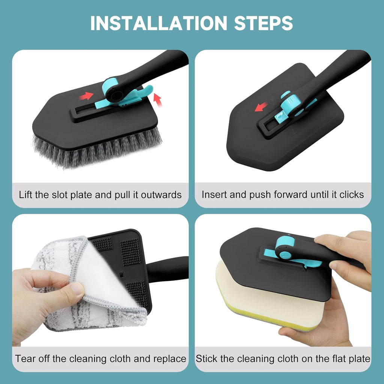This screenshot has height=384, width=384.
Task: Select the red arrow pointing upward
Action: (x=158, y=100)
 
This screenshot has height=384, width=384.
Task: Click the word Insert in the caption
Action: (x=213, y=195)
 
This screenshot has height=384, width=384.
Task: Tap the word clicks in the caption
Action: (x=351, y=195)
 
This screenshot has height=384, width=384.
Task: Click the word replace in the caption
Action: (x=169, y=358)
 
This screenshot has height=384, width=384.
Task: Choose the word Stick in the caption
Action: (x=207, y=358)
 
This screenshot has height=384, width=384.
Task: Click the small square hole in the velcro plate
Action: (x=121, y=275)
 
